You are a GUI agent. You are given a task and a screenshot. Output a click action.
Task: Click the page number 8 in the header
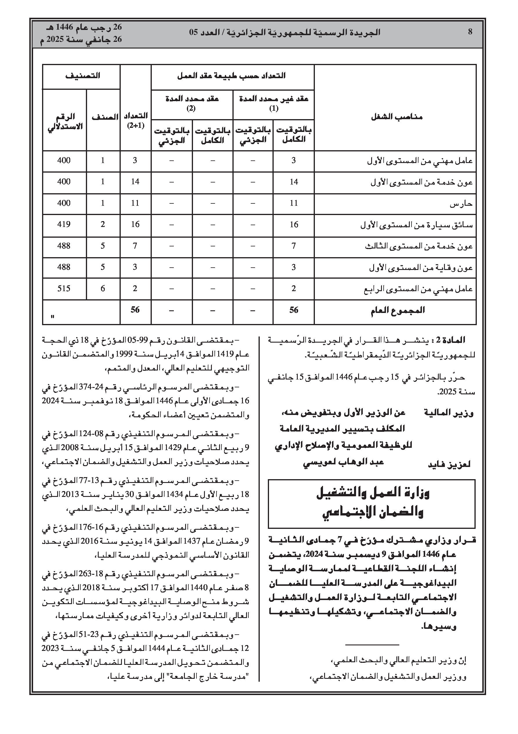click(x=470, y=32)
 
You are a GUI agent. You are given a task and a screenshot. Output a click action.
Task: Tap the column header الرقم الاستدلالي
click(x=65, y=121)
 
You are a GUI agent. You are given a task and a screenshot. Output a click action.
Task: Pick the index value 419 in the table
click(x=64, y=224)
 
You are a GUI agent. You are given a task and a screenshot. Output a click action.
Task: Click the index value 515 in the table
click(x=64, y=289)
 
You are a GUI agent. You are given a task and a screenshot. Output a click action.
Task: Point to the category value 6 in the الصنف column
click(x=102, y=289)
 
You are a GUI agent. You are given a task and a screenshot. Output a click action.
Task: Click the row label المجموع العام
click(x=398, y=310)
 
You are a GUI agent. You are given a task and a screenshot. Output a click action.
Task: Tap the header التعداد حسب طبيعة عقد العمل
click(x=231, y=76)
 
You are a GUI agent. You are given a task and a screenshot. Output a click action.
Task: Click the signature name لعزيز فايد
click(x=449, y=465)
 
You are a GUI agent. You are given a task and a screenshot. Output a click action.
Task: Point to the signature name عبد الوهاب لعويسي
click(x=343, y=462)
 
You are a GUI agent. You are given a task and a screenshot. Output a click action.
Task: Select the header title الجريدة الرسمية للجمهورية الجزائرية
click(x=284, y=32)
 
